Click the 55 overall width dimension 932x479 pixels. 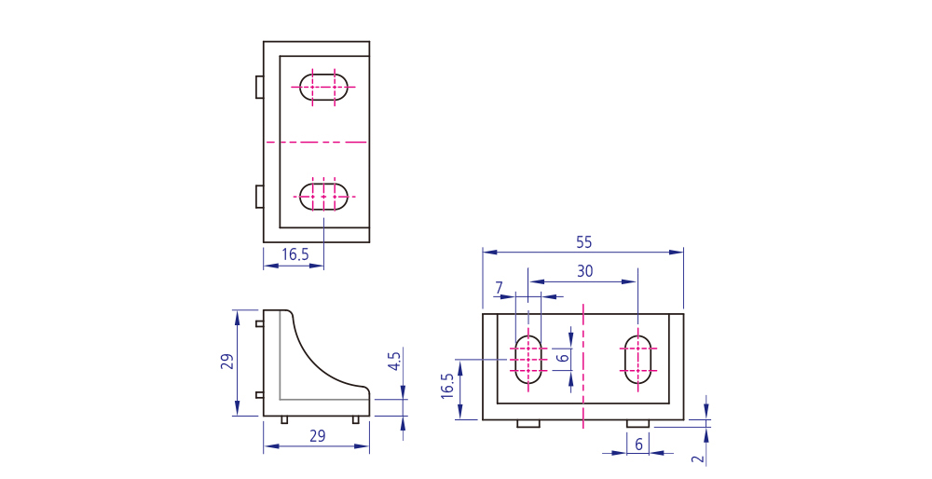[584, 242]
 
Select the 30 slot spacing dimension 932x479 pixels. [585, 271]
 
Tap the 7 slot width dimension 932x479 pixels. [500, 288]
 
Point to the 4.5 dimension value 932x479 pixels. [394, 361]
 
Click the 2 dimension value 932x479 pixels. [699, 458]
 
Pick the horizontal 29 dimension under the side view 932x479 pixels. [318, 436]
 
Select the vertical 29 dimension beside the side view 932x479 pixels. [227, 362]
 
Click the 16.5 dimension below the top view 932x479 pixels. [295, 254]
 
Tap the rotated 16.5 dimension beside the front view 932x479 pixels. [447, 386]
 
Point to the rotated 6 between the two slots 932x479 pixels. [562, 358]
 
